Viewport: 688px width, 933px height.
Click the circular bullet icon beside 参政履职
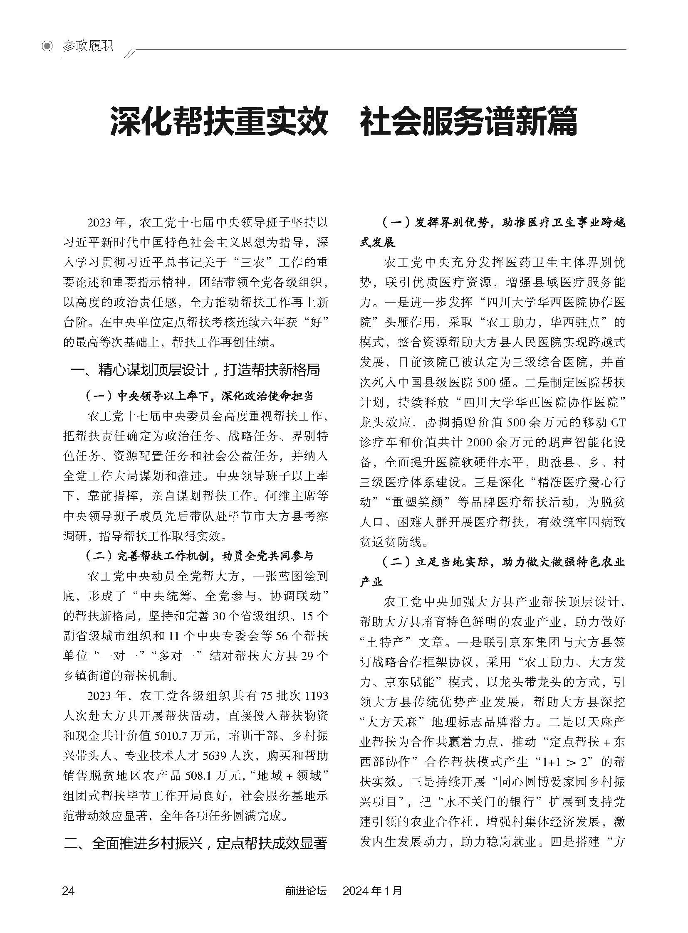[x=48, y=46]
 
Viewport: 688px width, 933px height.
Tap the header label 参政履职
[x=87, y=46]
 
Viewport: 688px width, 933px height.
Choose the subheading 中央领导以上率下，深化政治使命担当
[x=199, y=396]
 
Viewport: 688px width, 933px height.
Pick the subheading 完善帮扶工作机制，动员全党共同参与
[x=199, y=556]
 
